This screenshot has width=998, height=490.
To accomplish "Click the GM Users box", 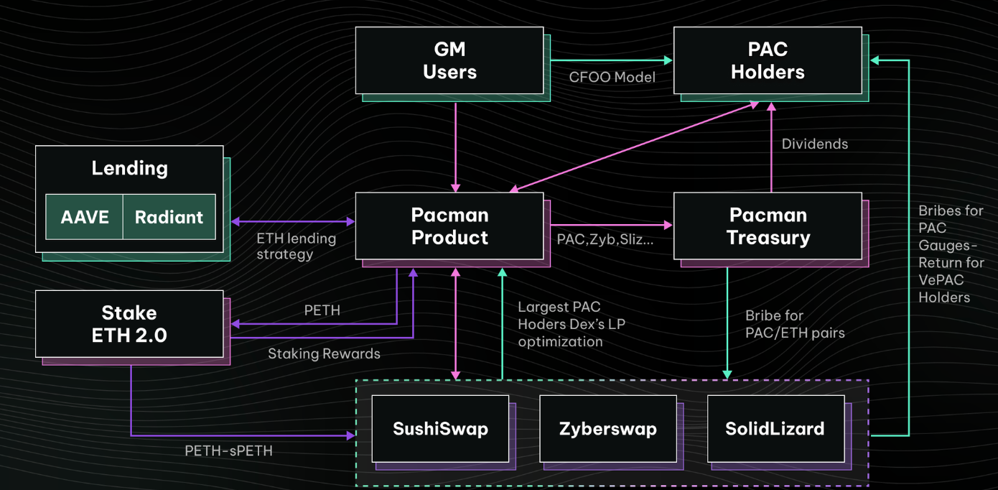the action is [x=449, y=60].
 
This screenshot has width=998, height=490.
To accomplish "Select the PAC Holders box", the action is [x=768, y=60].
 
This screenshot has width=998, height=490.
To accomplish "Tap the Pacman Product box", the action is [x=449, y=226].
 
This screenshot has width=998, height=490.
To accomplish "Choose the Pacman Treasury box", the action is [x=768, y=226].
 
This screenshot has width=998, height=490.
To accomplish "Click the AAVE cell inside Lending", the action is [x=84, y=217].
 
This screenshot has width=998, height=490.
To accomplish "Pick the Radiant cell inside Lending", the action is [x=169, y=217].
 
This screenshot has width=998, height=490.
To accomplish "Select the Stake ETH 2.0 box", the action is [x=129, y=324].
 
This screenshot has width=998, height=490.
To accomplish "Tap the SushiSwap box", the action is [x=440, y=429].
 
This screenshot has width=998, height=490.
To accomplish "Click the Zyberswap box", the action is [x=608, y=429].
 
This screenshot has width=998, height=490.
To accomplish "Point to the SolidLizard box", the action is [x=775, y=429].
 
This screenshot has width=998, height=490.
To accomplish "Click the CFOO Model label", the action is [x=612, y=77].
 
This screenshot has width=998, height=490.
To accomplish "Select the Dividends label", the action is [x=815, y=144].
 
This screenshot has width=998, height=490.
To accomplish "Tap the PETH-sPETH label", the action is [x=228, y=450].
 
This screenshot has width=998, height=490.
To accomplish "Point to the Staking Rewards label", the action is [x=324, y=353].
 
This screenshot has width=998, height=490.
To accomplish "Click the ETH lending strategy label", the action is [x=297, y=246].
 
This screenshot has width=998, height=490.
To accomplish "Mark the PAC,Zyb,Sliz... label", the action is [x=605, y=239].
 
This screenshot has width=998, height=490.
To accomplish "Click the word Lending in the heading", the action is [x=130, y=169].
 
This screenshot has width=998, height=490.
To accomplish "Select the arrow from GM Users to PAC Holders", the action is [x=612, y=60].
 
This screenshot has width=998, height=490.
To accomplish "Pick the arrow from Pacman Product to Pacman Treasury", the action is [x=612, y=225].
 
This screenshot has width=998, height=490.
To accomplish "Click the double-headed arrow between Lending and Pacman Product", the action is [x=293, y=221].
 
